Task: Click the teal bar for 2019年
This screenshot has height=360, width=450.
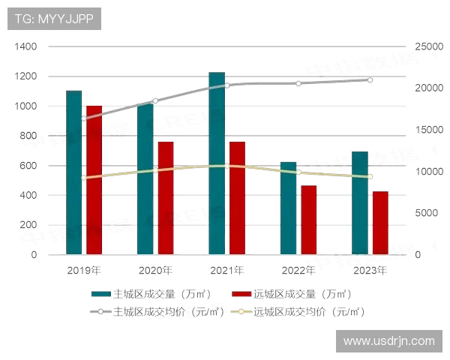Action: coord(73,172)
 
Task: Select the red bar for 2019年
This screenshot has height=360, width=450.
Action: coord(94,180)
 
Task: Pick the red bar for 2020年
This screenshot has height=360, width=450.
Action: coord(165,198)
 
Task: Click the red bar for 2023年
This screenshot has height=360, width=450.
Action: coord(379,223)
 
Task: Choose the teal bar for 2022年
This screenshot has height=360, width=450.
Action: coord(288,208)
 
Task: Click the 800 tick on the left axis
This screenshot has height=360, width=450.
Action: coord(27,136)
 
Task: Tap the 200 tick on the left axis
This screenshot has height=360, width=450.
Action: coord(27,225)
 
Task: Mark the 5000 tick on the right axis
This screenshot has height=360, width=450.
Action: coord(424,213)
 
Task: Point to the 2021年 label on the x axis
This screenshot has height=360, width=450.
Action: coord(226,270)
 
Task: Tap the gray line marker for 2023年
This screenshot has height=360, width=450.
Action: coord(370,79)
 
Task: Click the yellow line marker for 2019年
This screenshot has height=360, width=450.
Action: coord(83,178)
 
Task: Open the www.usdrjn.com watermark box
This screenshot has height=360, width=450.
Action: coord(388,340)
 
